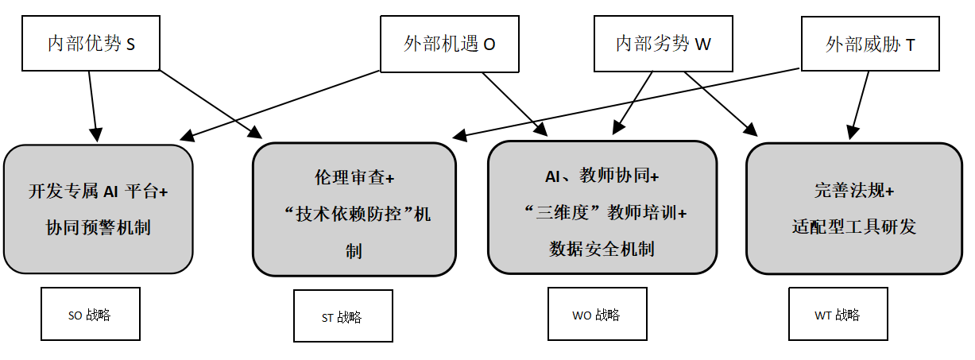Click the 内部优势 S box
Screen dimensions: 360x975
(x=91, y=44)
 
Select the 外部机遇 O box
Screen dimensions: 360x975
(x=450, y=44)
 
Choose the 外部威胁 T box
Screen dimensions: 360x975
(x=870, y=44)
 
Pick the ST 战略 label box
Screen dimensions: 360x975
(x=342, y=317)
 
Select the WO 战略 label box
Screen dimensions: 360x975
(x=597, y=315)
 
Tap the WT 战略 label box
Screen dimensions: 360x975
(x=838, y=315)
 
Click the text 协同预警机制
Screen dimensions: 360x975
(x=98, y=228)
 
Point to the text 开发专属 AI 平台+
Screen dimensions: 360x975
(x=98, y=191)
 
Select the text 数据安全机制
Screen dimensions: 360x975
(x=602, y=249)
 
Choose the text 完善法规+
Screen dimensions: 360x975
(x=853, y=191)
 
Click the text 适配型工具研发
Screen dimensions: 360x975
(x=853, y=227)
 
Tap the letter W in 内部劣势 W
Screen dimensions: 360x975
(x=702, y=45)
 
